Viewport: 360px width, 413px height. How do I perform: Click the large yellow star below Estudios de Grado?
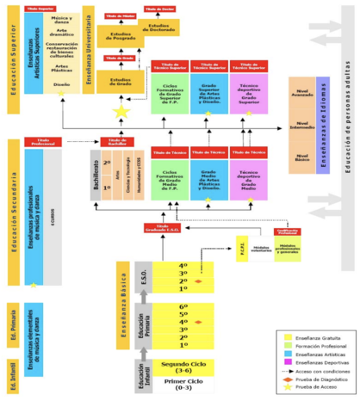coord(121,110)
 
